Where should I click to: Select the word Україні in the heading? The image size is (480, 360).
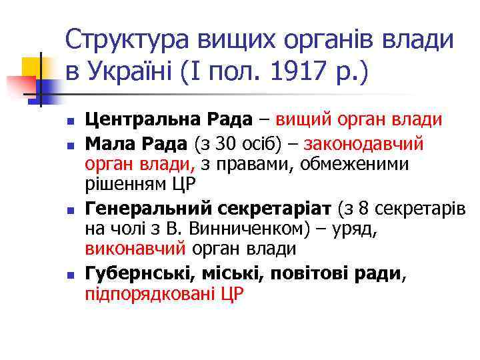[x=139, y=69]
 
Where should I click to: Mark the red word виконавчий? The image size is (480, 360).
[x=135, y=249]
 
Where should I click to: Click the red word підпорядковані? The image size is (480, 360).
[x=147, y=293]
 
